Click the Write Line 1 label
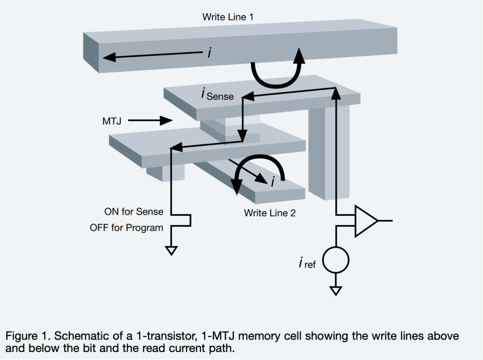pyautogui.click(x=228, y=17)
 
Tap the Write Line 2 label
pyautogui.click(x=270, y=213)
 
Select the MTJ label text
pyautogui.click(x=112, y=121)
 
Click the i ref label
pyautogui.click(x=307, y=263)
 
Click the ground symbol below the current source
pyautogui.click(x=335, y=291)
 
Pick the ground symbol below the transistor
pyautogui.click(x=171, y=251)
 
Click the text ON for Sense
pyautogui.click(x=134, y=212)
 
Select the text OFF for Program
pyautogui.click(x=127, y=228)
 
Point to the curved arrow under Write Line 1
pyautogui.click(x=277, y=72)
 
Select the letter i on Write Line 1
pyautogui.click(x=209, y=53)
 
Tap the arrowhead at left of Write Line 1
pyautogui.click(x=109, y=57)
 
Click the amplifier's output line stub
pyautogui.click(x=386, y=220)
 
